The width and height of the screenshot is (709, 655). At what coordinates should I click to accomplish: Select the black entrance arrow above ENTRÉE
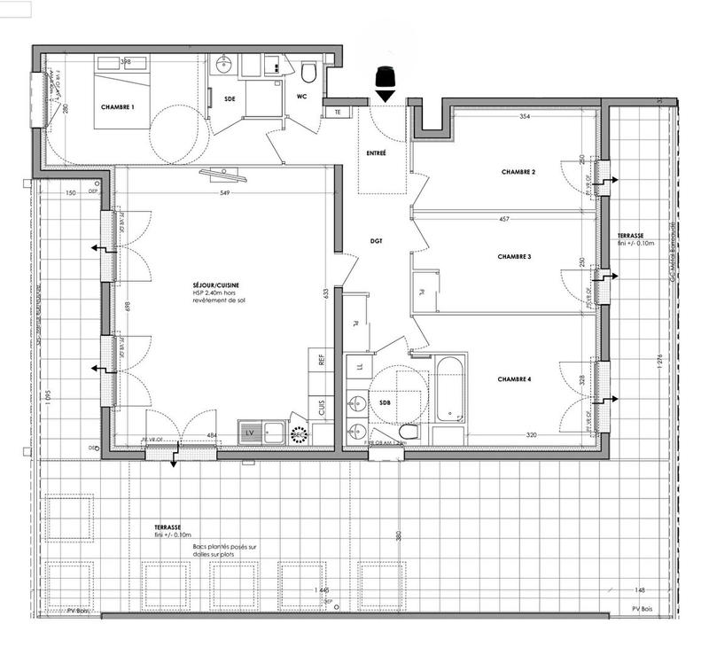pyautogui.click(x=385, y=82)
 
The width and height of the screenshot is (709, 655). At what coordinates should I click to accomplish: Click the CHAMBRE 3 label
pyautogui.click(x=514, y=256)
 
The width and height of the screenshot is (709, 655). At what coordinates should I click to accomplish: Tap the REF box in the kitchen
pyautogui.click(x=322, y=361)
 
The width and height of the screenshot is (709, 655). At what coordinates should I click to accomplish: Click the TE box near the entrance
pyautogui.click(x=338, y=113)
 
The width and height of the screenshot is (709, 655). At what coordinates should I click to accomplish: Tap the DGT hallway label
pyautogui.click(x=375, y=239)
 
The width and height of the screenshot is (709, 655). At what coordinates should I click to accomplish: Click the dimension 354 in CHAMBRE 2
pyautogui.click(x=525, y=116)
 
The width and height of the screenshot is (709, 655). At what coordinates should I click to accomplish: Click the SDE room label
pyautogui.click(x=230, y=98)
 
